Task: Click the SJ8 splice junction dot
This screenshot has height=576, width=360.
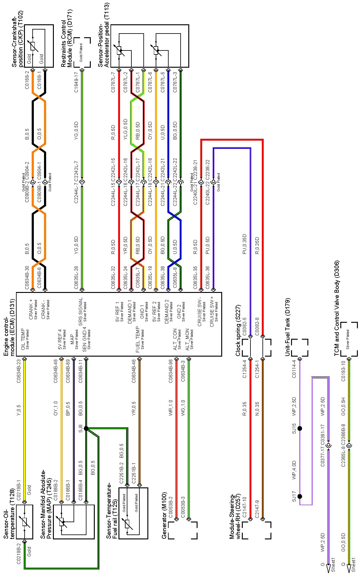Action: [x=86, y=428]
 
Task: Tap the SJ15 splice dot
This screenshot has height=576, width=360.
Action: [x=300, y=428]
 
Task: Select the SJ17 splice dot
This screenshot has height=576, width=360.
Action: [x=300, y=496]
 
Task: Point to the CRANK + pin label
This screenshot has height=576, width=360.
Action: [x=31, y=310]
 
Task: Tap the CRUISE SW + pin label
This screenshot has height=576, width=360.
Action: [x=212, y=311]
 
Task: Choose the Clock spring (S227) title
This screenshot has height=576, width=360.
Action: [x=238, y=330]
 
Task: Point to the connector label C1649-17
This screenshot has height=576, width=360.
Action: [x=76, y=82]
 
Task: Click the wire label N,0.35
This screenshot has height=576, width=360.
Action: [x=257, y=408]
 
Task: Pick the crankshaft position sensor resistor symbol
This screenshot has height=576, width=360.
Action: [x=33, y=46]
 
